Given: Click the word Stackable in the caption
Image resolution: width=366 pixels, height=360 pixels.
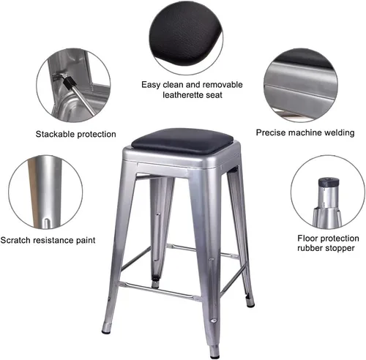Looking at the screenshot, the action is [55, 134].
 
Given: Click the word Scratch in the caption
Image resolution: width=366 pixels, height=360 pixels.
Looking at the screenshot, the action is [15, 240].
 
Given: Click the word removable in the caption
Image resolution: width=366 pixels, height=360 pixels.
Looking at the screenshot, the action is [223, 85].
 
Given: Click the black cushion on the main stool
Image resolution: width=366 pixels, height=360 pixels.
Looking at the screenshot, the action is [182, 141].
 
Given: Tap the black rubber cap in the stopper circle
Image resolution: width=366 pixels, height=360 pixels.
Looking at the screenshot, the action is [329, 181].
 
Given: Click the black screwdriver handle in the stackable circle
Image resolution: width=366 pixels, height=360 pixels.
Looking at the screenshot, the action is [70, 82].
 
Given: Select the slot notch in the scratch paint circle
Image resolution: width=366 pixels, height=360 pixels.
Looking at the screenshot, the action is [48, 224].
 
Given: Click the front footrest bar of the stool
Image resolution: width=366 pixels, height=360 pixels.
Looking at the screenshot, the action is [160, 290].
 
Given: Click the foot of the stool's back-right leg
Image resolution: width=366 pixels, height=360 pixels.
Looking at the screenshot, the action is [250, 303].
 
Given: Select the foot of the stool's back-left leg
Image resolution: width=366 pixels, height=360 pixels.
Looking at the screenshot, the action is [155, 284].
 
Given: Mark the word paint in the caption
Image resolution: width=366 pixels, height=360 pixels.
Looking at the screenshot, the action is [85, 241].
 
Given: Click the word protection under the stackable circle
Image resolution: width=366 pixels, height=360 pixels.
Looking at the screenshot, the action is [96, 135].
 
